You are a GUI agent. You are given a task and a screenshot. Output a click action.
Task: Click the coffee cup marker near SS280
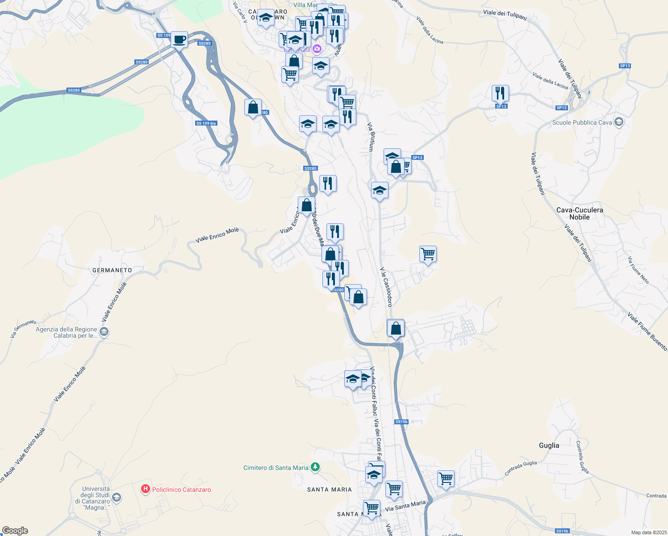click(x=179, y=40)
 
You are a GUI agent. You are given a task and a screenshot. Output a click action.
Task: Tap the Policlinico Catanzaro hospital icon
click(x=145, y=490)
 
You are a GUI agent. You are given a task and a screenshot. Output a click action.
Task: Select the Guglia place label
click(x=549, y=445)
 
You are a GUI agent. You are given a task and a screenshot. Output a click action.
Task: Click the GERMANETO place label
click(x=112, y=270)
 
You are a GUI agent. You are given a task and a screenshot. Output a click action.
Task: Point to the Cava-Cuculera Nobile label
click(x=580, y=214)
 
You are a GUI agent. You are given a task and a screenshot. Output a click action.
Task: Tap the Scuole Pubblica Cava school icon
click(x=618, y=122)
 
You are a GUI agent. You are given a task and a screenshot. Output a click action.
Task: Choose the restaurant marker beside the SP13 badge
click(x=500, y=93)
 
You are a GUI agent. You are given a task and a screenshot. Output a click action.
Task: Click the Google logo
click(x=15, y=531)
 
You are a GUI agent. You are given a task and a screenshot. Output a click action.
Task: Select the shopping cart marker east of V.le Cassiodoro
click(x=428, y=254)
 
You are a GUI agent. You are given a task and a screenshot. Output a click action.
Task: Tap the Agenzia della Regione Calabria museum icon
click(x=104, y=332)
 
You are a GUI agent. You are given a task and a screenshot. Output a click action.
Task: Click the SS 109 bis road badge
click(x=206, y=123)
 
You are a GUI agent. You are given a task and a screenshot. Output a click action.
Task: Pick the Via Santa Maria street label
click(x=405, y=506)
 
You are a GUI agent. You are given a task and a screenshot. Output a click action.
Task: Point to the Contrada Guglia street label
click(x=521, y=468)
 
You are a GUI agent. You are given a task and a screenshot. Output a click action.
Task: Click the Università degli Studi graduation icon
click(x=116, y=497)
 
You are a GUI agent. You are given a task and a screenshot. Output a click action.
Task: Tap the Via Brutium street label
click(x=371, y=137)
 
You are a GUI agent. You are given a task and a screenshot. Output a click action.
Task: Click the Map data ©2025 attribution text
click(x=649, y=532)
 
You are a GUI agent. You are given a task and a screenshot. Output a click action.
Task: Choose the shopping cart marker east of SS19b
click(x=446, y=479)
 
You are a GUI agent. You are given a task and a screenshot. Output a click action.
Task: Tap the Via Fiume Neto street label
click(x=638, y=270)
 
